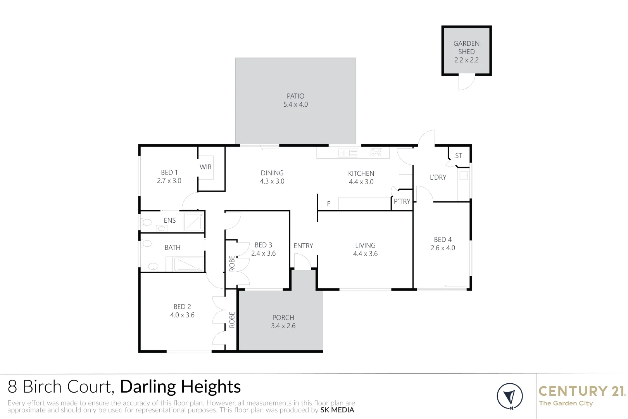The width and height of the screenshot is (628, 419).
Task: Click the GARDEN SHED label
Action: click(466, 47)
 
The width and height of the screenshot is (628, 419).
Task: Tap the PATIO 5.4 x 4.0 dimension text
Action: click(295, 104)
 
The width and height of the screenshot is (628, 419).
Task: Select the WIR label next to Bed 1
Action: click(205, 167)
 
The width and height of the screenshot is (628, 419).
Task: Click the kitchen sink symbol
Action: click(347, 153)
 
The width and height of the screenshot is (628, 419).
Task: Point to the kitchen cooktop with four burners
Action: click(376, 152)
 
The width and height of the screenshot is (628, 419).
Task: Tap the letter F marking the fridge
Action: click(328, 204)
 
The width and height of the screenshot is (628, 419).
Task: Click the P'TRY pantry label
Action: click(402, 201)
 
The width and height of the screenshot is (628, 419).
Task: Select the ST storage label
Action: click(459, 156)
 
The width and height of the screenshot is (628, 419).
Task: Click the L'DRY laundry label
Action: click(438, 177)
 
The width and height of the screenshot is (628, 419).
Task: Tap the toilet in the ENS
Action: click(146, 222)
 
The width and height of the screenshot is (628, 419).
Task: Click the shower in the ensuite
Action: click(193, 222)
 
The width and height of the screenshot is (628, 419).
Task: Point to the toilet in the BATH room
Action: click(146, 244)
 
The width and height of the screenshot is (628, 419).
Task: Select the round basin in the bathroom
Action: click(154, 266)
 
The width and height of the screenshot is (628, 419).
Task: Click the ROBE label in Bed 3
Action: click(232, 263)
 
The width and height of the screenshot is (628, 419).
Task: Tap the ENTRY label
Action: click(303, 246)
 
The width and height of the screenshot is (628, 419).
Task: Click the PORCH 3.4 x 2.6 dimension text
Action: click(283, 326)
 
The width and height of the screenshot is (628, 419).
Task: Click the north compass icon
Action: click(510, 396)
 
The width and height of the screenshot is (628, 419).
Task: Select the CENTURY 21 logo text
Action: click(581, 391)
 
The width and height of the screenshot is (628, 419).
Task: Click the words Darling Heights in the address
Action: click(180, 387)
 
